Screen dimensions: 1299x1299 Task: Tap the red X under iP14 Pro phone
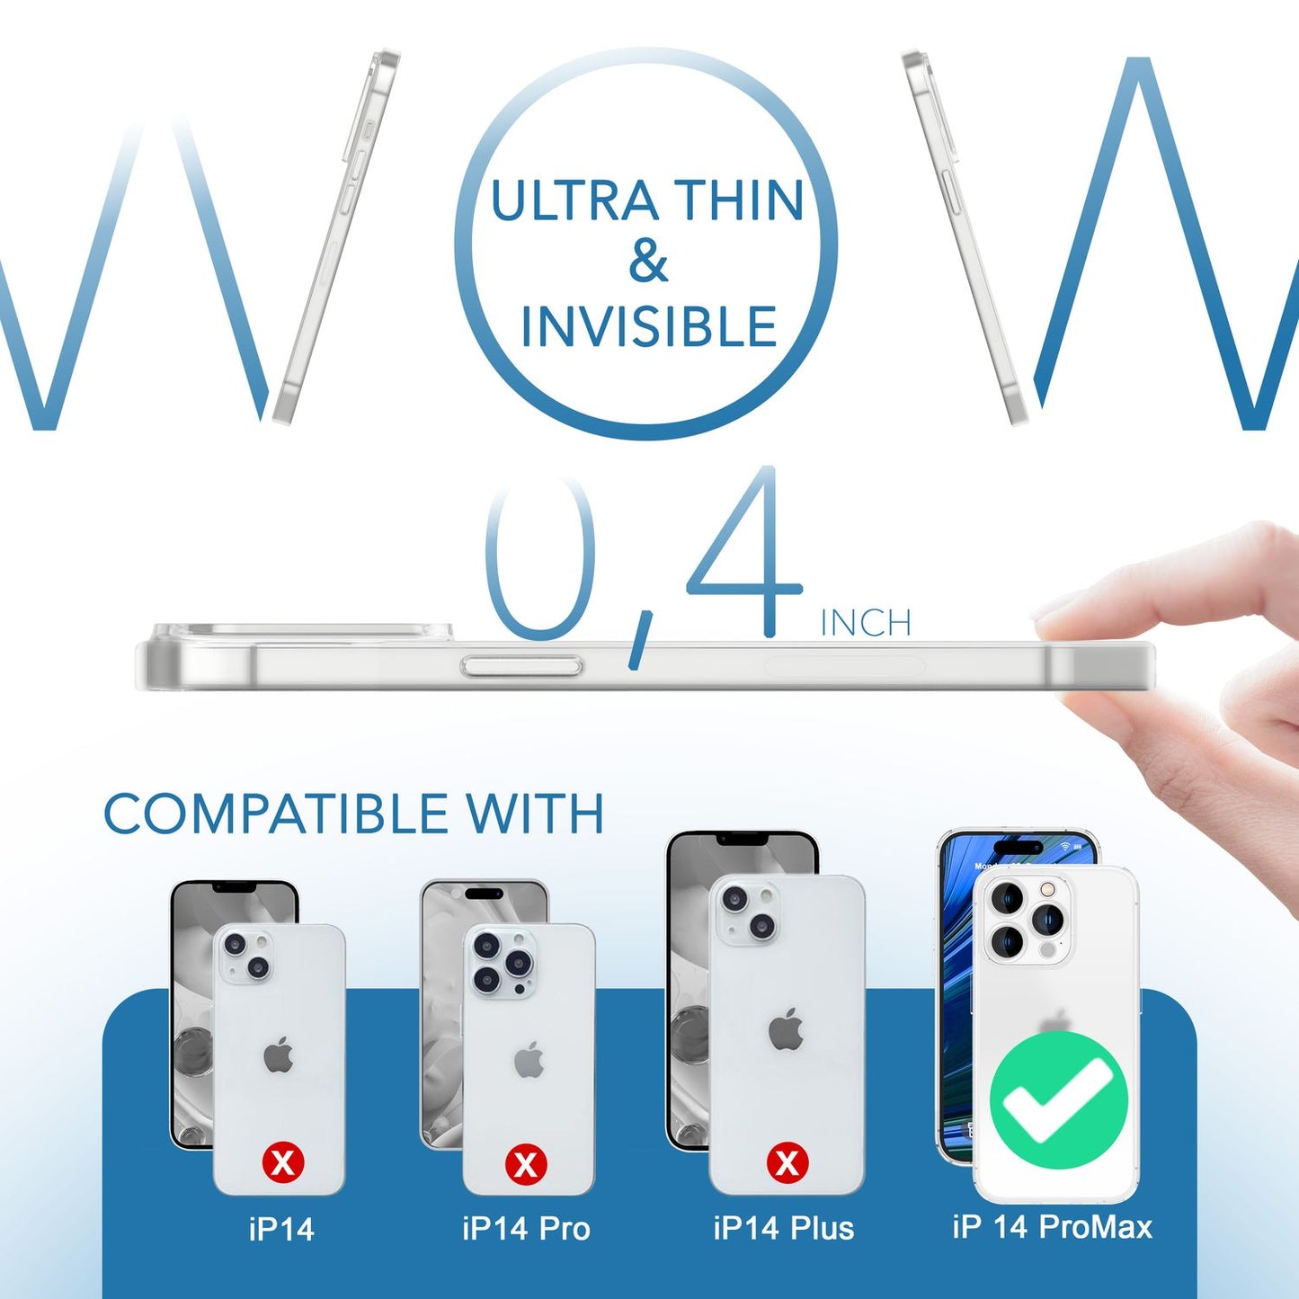(526, 1164)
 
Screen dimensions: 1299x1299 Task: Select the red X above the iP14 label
(283, 1163)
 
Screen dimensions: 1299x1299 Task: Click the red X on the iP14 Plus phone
(787, 1163)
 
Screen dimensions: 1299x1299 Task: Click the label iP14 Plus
(783, 1228)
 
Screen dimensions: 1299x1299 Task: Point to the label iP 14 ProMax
(1052, 1226)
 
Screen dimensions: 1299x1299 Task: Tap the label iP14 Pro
(526, 1228)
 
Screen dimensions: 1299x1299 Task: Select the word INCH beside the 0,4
(866, 623)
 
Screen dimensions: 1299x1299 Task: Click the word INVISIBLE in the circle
(648, 326)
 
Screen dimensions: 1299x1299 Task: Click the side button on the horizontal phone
(521, 666)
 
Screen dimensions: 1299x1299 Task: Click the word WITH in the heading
(535, 814)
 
